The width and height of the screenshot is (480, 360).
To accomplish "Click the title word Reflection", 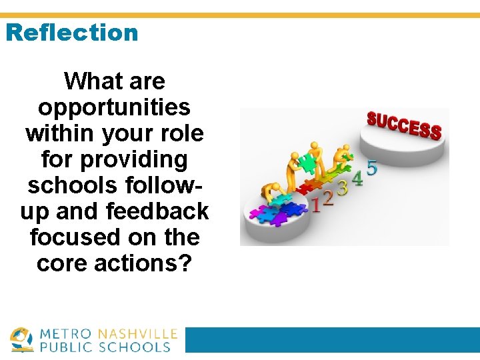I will (x=72, y=32).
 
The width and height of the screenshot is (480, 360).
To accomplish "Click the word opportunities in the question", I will (x=115, y=107).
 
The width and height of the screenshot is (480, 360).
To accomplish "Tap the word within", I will (x=61, y=133).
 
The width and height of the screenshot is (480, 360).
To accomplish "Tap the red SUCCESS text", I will (x=404, y=125).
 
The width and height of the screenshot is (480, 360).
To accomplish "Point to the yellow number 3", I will (x=342, y=187).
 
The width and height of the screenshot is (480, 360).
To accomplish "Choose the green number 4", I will (x=357, y=178).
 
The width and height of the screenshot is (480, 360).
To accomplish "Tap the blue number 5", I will (x=372, y=167).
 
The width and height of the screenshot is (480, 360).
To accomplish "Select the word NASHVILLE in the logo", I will (x=138, y=334).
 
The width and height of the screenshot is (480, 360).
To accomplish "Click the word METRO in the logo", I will (x=67, y=334).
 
